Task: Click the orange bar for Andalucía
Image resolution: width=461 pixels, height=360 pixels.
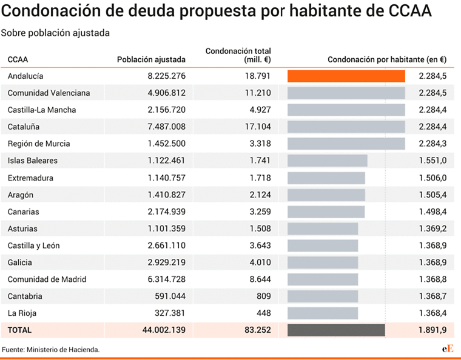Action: pyautogui.click(x=346, y=76)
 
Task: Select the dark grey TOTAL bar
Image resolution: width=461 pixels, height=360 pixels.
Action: pyautogui.click(x=336, y=330)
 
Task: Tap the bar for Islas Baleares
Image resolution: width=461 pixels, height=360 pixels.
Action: pyautogui.click(x=328, y=161)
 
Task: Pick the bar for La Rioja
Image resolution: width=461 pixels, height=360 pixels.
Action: pyautogui.click(x=323, y=313)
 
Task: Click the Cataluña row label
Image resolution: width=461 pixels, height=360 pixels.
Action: pyautogui.click(x=25, y=127)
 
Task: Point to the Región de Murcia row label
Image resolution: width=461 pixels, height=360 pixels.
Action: pyautogui.click(x=39, y=144)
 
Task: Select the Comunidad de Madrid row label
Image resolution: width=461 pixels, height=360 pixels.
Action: pyautogui.click(x=47, y=279)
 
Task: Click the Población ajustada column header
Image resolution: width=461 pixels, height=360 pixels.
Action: pyautogui.click(x=151, y=59)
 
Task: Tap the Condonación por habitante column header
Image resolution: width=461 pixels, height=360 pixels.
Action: pyautogui.click(x=386, y=59)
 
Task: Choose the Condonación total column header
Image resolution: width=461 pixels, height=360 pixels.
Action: pyautogui.click(x=238, y=55)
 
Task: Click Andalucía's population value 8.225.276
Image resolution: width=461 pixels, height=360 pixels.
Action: pyautogui.click(x=166, y=76)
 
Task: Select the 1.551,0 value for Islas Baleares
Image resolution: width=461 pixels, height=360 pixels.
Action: pyautogui.click(x=432, y=161)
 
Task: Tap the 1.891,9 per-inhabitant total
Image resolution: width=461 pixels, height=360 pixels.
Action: pyautogui.click(x=432, y=330)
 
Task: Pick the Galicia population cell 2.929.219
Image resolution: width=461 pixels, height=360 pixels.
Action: pyautogui.click(x=166, y=262)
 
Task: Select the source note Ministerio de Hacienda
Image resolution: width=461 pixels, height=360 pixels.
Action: pyautogui.click(x=50, y=350)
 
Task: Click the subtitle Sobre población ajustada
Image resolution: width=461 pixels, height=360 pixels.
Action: pyautogui.click(x=55, y=33)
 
